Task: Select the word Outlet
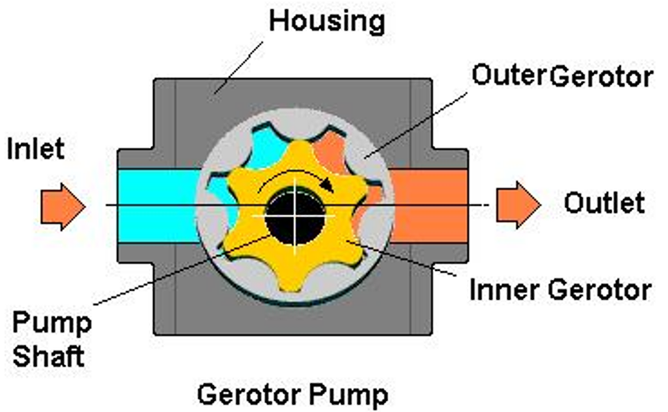point(605,202)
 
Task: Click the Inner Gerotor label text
point(561,290)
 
